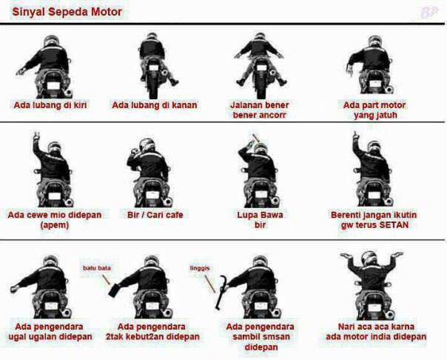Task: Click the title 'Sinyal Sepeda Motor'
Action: (67, 13)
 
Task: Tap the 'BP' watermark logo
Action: (428, 13)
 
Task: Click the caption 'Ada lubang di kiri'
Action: (50, 105)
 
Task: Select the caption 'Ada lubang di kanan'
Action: (155, 105)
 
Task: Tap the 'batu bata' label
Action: (97, 268)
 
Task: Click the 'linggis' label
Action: (200, 268)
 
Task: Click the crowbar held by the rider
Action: (221, 293)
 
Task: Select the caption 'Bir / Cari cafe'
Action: (155, 215)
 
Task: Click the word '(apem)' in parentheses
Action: (55, 225)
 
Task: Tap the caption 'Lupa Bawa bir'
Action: (260, 220)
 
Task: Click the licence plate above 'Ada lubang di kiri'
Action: (53, 86)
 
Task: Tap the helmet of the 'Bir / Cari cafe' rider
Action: (147, 145)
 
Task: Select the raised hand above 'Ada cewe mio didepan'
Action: (36, 136)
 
